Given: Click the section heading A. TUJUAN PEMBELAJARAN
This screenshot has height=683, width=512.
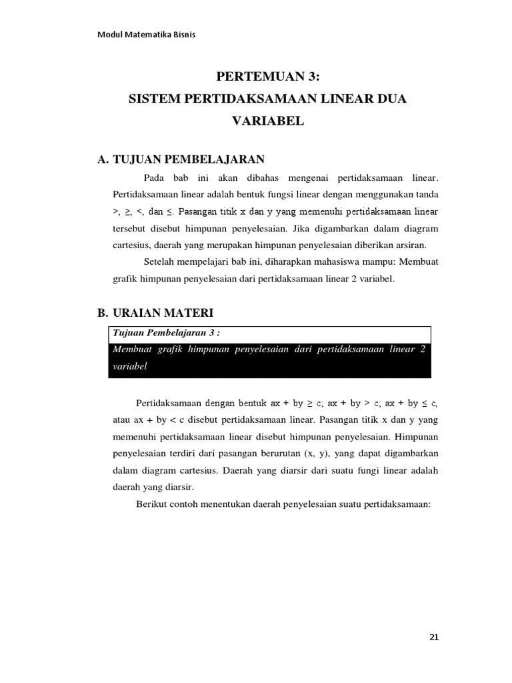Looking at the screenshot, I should (181, 159).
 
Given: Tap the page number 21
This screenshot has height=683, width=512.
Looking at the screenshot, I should (434, 637).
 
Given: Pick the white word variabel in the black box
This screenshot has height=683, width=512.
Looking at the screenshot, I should (130, 367).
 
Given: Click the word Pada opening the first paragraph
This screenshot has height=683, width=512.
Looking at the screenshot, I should (154, 178).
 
